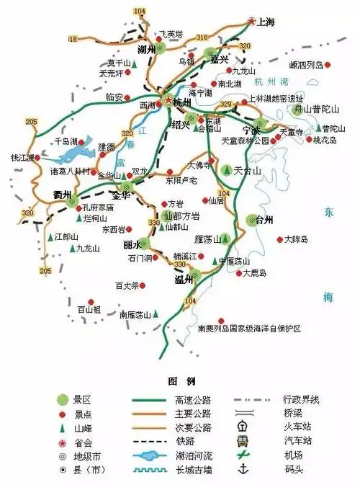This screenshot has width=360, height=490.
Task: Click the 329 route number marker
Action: point(226,104)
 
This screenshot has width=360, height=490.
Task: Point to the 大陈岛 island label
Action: point(296,239)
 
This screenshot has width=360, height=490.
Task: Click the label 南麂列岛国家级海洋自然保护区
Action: point(248,329)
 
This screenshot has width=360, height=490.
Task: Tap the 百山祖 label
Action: point(89,309)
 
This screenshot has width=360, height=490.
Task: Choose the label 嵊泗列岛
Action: point(306,65)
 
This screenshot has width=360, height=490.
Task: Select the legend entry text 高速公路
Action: point(193,399)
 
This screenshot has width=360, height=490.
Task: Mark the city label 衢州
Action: point(63,195)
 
